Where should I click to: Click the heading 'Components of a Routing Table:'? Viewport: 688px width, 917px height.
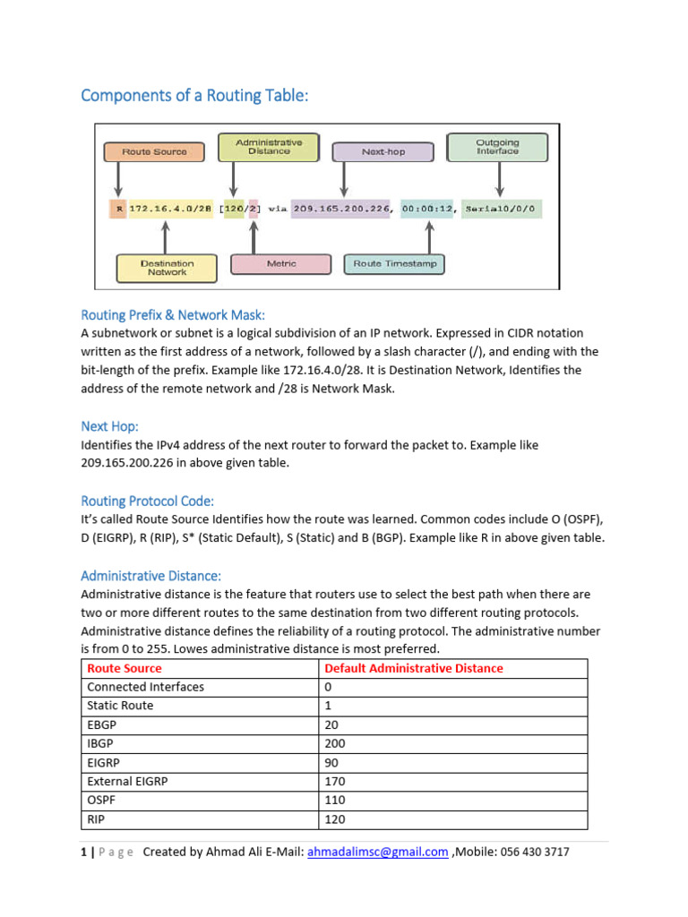(x=194, y=95)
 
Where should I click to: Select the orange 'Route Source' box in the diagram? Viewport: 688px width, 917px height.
(x=155, y=151)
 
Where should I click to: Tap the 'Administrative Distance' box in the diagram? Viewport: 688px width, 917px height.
(x=269, y=147)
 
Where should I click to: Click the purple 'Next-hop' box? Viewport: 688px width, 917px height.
(x=383, y=151)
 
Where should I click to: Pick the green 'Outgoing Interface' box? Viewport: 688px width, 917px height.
(x=497, y=147)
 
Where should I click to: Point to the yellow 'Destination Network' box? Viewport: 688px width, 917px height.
(x=167, y=268)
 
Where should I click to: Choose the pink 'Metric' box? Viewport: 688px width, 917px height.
(x=281, y=264)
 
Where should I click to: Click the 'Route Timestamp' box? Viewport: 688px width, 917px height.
(x=393, y=264)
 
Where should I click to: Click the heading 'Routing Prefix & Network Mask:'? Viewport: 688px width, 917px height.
(x=173, y=314)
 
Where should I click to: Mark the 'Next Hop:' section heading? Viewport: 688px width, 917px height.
(x=109, y=426)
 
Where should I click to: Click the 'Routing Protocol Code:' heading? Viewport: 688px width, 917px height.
(x=148, y=501)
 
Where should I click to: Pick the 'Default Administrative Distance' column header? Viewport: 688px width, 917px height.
(x=413, y=668)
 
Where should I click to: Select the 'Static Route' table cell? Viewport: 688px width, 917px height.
(x=120, y=706)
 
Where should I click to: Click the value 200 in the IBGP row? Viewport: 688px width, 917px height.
(x=334, y=743)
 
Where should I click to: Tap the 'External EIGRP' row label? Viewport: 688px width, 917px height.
(x=127, y=781)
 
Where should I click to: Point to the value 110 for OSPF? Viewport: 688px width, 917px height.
(x=334, y=801)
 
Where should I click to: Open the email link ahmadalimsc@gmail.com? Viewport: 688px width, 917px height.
(x=377, y=853)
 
